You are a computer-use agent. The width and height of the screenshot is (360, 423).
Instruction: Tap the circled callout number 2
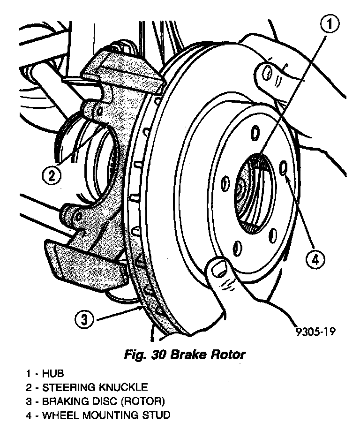tap(52, 175)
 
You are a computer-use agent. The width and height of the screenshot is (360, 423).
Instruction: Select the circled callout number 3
tap(83, 320)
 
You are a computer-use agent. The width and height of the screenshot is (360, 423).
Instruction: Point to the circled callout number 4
tap(315, 258)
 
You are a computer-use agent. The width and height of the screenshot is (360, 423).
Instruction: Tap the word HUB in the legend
tap(52, 374)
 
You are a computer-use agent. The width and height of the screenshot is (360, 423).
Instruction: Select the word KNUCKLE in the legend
tap(122, 387)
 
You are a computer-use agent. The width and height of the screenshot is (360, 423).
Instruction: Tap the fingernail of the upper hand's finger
tap(266, 73)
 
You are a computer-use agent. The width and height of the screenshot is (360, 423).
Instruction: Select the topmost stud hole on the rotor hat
tap(255, 133)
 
